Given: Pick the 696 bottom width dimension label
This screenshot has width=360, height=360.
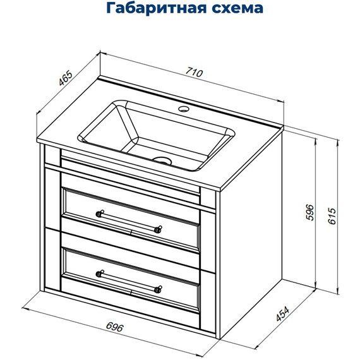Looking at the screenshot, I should tap(113, 327).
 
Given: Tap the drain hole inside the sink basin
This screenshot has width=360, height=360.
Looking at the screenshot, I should tap(163, 160).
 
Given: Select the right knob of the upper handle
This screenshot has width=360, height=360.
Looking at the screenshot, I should tap(159, 229).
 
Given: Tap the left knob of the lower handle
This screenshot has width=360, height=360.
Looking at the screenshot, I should tap(99, 273).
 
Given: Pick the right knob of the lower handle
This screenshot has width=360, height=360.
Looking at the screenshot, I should tap(159, 289).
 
